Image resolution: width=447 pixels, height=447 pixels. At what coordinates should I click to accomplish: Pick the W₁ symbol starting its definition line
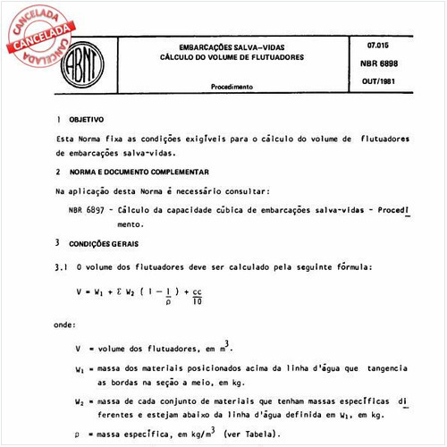[80, 367]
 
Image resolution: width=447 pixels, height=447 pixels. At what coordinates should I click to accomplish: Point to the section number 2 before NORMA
[57, 171]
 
